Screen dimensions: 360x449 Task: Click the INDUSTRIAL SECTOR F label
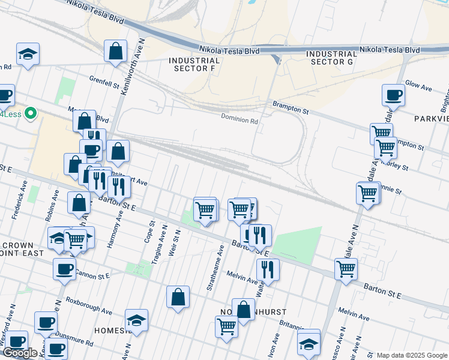pos(194,65)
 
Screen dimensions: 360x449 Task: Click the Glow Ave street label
pos(419,87)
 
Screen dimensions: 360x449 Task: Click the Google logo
pos(20,353)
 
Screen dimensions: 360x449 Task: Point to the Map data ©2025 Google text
pos(411,355)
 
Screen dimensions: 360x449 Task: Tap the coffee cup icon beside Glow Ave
pos(394,94)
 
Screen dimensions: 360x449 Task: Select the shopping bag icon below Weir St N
pos(178,296)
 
